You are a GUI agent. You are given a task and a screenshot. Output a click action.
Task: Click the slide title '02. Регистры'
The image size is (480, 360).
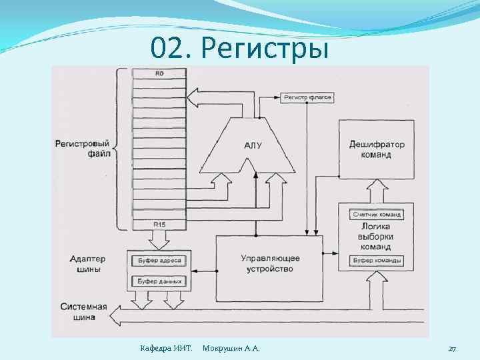[239, 48]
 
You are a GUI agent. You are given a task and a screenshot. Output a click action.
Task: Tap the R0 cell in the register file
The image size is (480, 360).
[159, 74]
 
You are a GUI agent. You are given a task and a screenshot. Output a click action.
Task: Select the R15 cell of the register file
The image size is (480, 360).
[159, 225]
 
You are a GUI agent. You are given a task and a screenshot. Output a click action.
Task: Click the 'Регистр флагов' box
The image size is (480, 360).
[307, 97]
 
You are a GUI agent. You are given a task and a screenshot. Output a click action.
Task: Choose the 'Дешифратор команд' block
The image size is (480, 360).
[376, 149]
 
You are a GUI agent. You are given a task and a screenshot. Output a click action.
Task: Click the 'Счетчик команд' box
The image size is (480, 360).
[377, 214]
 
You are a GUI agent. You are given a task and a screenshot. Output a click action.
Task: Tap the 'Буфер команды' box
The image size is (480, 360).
[377, 260]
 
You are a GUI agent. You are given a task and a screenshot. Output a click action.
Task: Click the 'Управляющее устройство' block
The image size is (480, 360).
[269, 263]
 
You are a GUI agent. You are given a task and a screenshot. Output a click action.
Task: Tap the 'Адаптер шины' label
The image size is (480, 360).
[86, 264]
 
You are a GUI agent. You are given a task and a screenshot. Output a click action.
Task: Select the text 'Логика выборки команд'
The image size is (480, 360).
[377, 237]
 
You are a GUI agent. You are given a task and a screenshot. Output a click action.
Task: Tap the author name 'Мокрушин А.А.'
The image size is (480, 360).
[231, 349]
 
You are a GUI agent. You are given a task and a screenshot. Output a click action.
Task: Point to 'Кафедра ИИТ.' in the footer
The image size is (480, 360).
[166, 349]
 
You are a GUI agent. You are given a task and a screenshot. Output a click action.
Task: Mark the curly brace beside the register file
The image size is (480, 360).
[121, 149]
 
